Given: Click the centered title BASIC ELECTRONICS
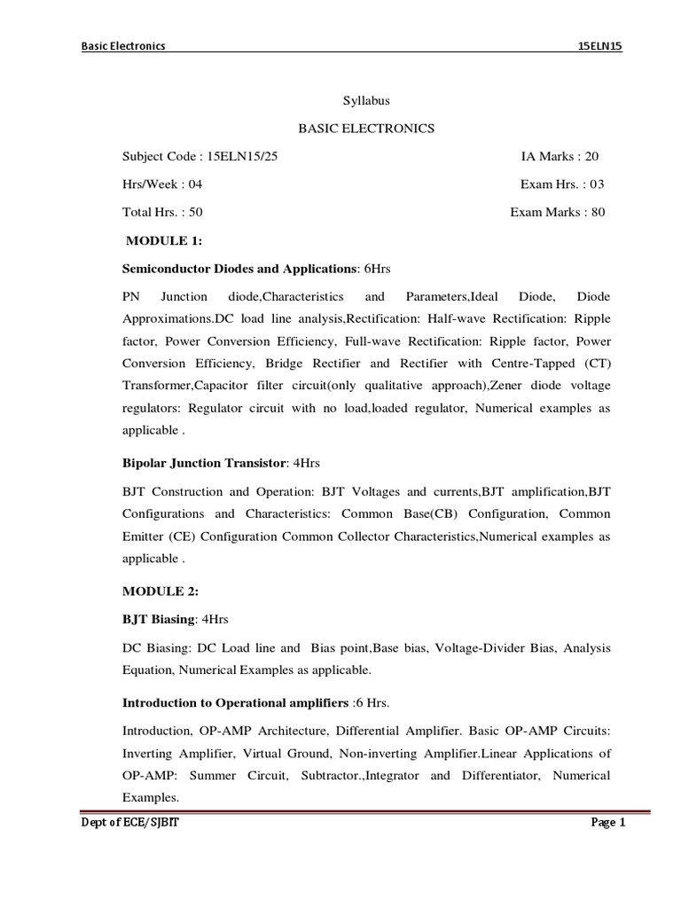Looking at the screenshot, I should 365,129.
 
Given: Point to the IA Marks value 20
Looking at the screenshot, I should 592,157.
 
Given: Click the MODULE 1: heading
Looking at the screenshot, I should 165,240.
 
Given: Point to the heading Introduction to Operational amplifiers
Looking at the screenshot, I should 234,704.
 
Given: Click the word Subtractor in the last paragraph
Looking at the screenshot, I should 306,776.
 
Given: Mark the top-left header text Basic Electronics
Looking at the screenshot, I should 123,47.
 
